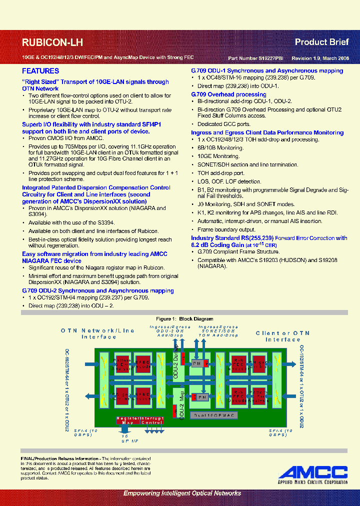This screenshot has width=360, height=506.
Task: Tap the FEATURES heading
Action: point(40,71)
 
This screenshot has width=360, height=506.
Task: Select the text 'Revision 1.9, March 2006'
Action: point(320,58)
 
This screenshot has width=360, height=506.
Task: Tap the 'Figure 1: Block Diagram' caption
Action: point(184,318)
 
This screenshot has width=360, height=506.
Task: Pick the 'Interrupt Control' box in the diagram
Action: point(151,420)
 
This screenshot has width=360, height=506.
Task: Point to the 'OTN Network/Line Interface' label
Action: point(98,334)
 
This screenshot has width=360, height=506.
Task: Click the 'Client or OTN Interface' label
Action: point(282,336)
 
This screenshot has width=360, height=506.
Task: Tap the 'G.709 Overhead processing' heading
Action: point(228,94)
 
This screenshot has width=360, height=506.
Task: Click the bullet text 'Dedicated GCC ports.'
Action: point(223,124)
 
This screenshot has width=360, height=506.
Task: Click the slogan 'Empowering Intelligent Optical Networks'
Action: point(182,493)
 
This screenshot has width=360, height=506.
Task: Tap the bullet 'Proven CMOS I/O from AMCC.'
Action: point(66,138)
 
